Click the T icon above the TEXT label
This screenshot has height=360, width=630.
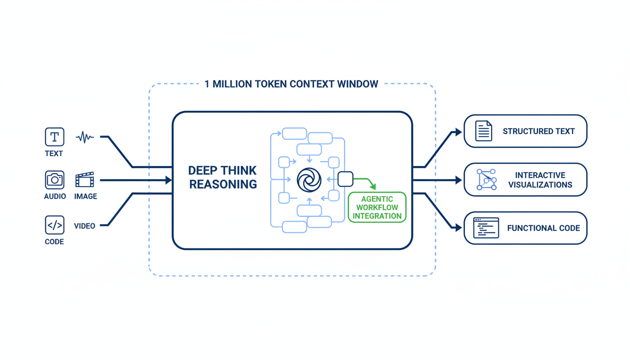click(x=54, y=137)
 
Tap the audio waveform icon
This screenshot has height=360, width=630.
click(x=85, y=137)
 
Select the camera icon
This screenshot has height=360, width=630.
click(x=54, y=180)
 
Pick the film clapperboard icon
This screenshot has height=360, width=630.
click(x=85, y=180)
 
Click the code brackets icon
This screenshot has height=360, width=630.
click(x=54, y=225)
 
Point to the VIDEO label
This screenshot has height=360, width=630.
click(x=84, y=226)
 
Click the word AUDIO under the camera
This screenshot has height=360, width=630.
click(x=55, y=196)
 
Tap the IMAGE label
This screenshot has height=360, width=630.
click(x=85, y=196)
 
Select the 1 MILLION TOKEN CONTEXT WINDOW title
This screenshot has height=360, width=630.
click(x=291, y=84)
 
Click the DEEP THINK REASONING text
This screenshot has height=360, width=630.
click(x=223, y=177)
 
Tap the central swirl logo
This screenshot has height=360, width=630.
click(x=309, y=180)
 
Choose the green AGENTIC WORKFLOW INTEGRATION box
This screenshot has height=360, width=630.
click(x=377, y=207)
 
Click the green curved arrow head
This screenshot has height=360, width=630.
click(x=373, y=187)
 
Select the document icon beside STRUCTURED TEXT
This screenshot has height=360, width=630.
click(x=483, y=131)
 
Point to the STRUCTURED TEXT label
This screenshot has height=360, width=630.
click(x=539, y=131)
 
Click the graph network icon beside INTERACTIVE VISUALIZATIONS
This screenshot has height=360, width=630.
click(x=486, y=180)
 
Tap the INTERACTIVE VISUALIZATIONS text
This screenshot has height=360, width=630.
click(x=540, y=180)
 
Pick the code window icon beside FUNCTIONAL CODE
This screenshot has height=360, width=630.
click(x=486, y=228)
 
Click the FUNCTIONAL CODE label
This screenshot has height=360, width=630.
click(x=543, y=228)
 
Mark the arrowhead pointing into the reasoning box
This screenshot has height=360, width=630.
click(x=169, y=180)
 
